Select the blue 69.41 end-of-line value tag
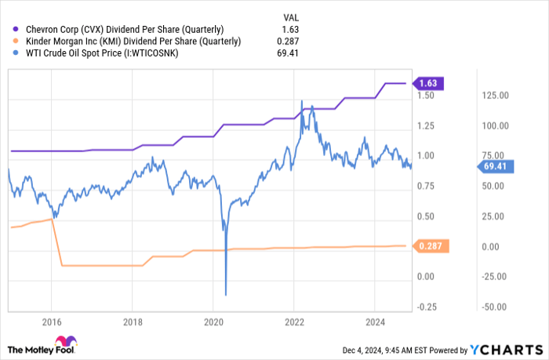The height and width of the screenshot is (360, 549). [496, 165]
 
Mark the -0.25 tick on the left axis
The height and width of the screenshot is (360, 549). [427, 307]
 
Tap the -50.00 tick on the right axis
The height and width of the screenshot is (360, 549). [495, 307]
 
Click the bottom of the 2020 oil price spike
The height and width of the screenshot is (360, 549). [226, 295]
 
